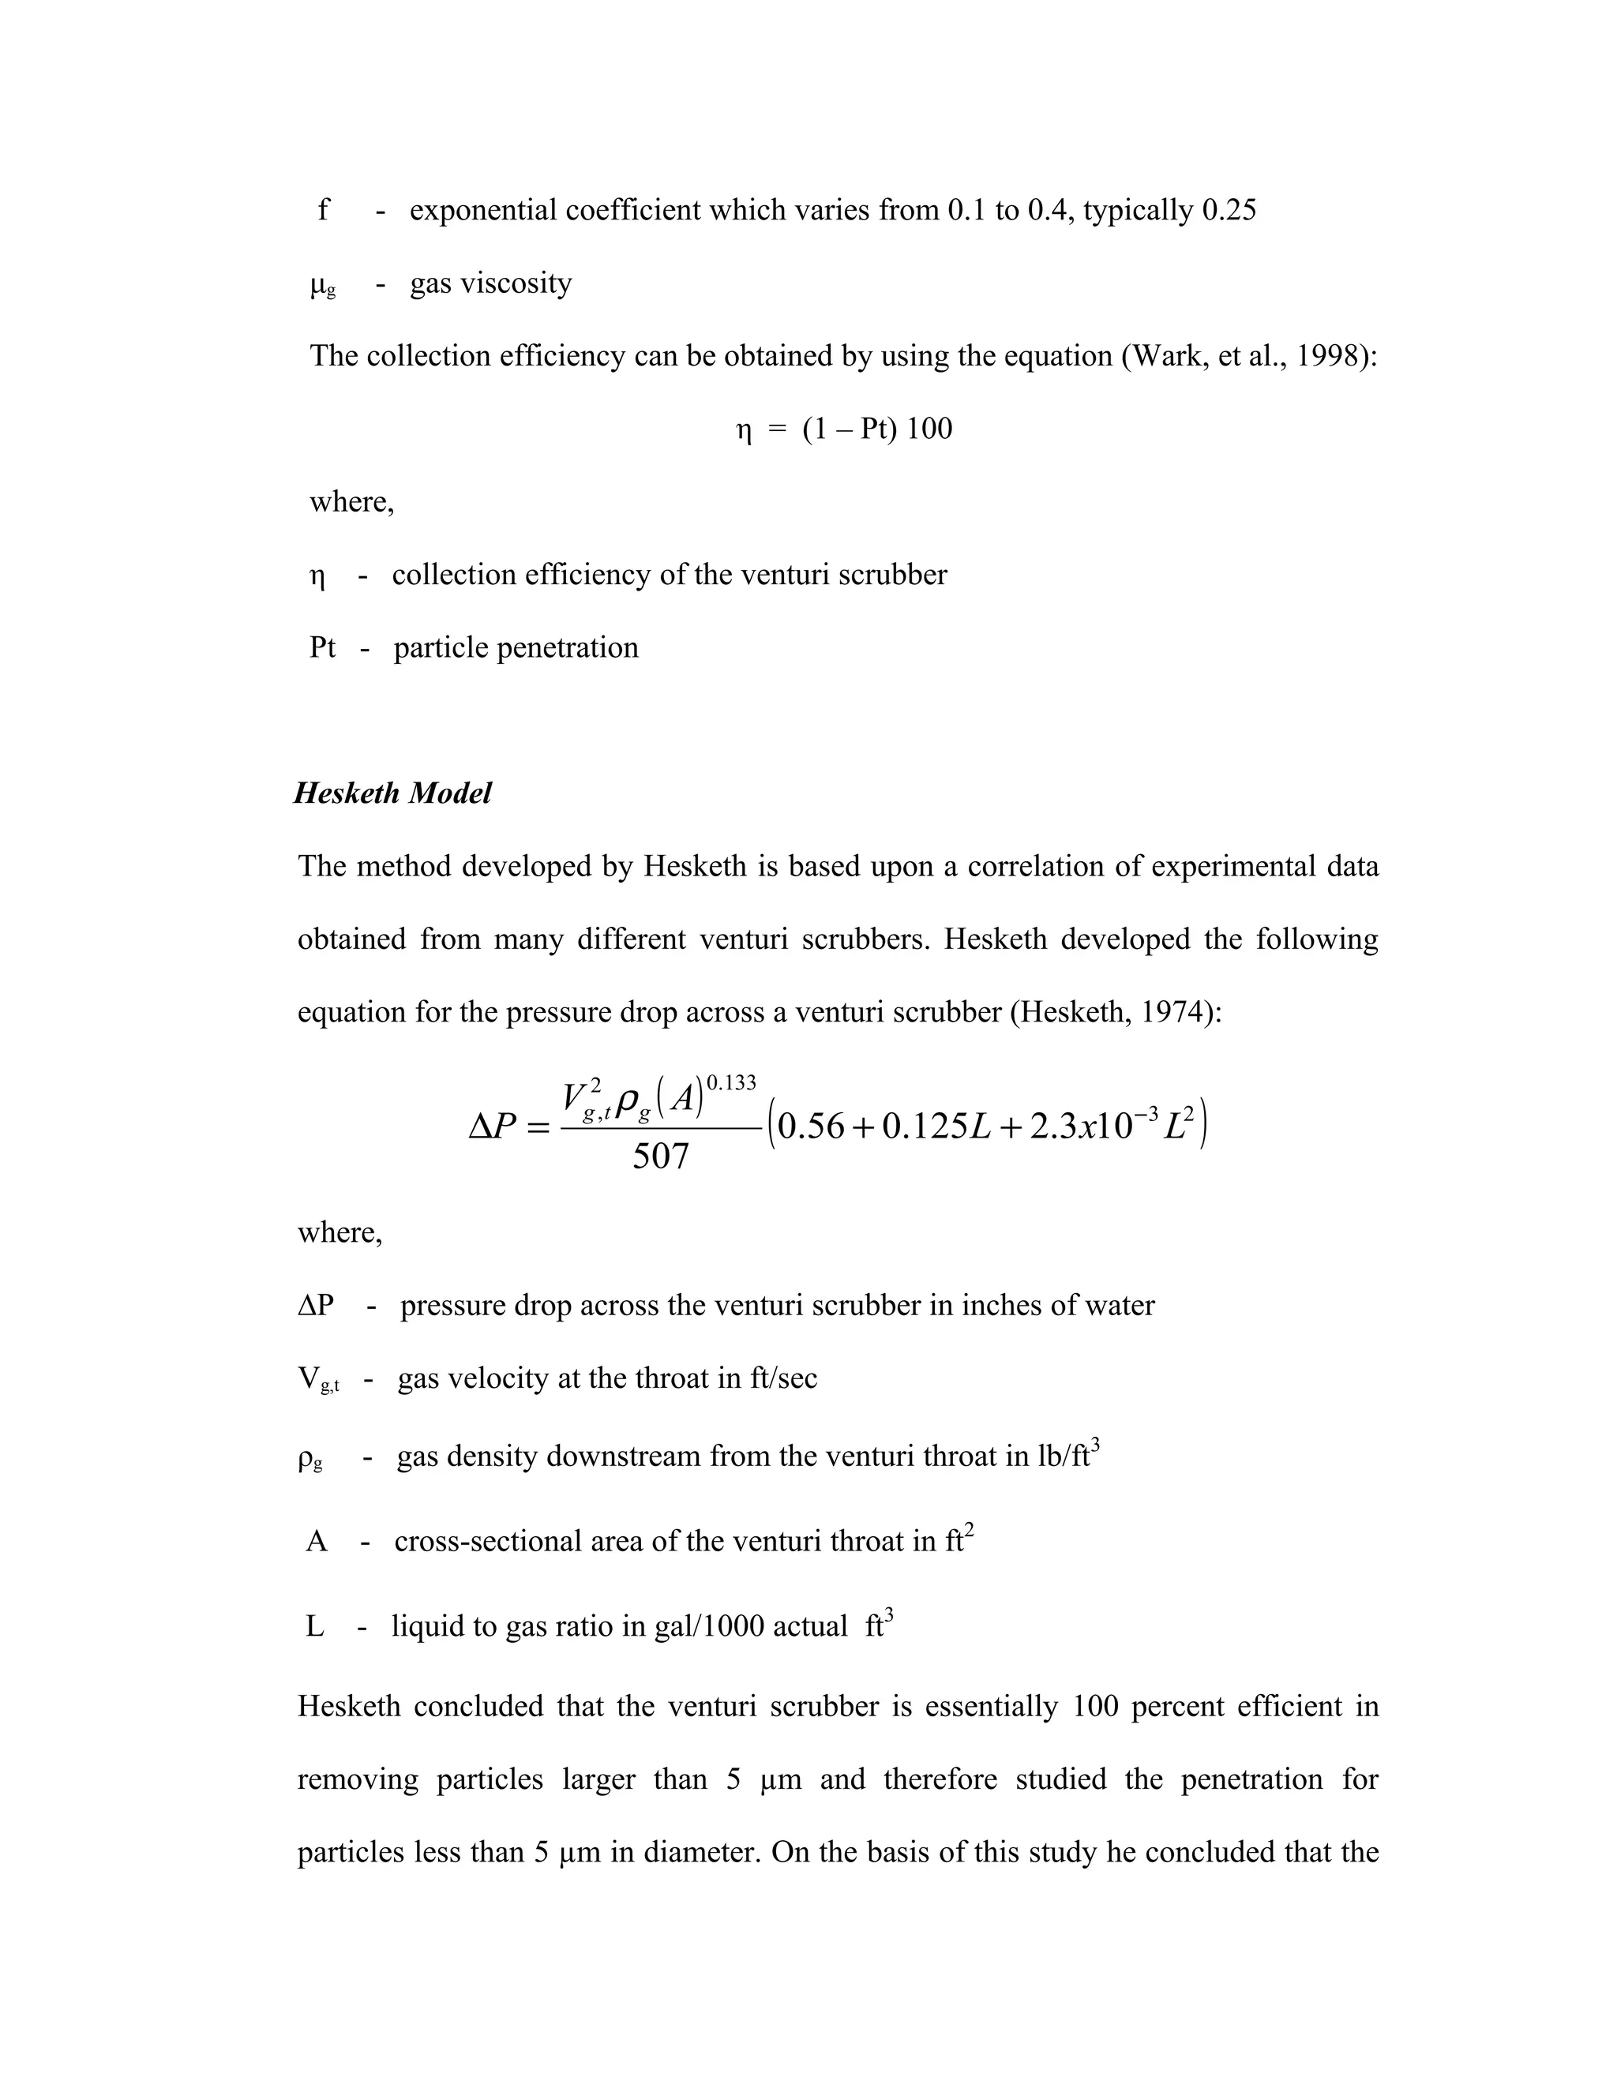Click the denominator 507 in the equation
(660, 1157)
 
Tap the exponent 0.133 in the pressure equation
(731, 1083)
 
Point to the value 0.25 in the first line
(1228, 210)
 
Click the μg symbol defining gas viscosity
(323, 284)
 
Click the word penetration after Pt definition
(567, 647)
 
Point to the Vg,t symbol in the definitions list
(318, 1379)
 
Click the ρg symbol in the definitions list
(310, 1458)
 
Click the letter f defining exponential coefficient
(324, 210)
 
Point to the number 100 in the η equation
(929, 428)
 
